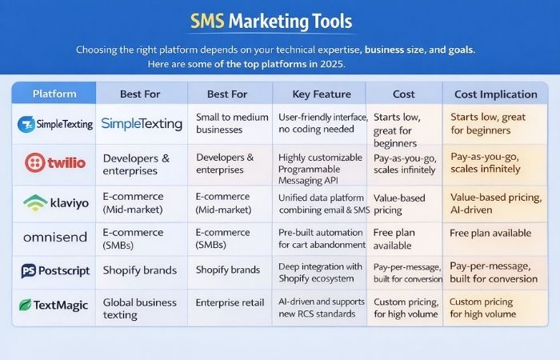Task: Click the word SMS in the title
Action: pyautogui.click(x=210, y=21)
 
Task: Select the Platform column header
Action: pyautogui.click(x=54, y=94)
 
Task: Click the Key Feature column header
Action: pyautogui.click(x=318, y=94)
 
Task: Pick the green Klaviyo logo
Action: pyautogui.click(x=54, y=202)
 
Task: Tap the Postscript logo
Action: pyautogui.click(x=54, y=270)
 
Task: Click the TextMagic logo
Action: pyautogui.click(x=54, y=305)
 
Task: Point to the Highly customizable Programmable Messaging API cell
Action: pyautogui.click(x=318, y=164)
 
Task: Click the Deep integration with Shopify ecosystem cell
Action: pyautogui.click(x=318, y=271)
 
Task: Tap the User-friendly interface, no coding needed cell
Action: pyautogui.click(x=318, y=124)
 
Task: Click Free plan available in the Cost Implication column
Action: pyautogui.click(x=490, y=233)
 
